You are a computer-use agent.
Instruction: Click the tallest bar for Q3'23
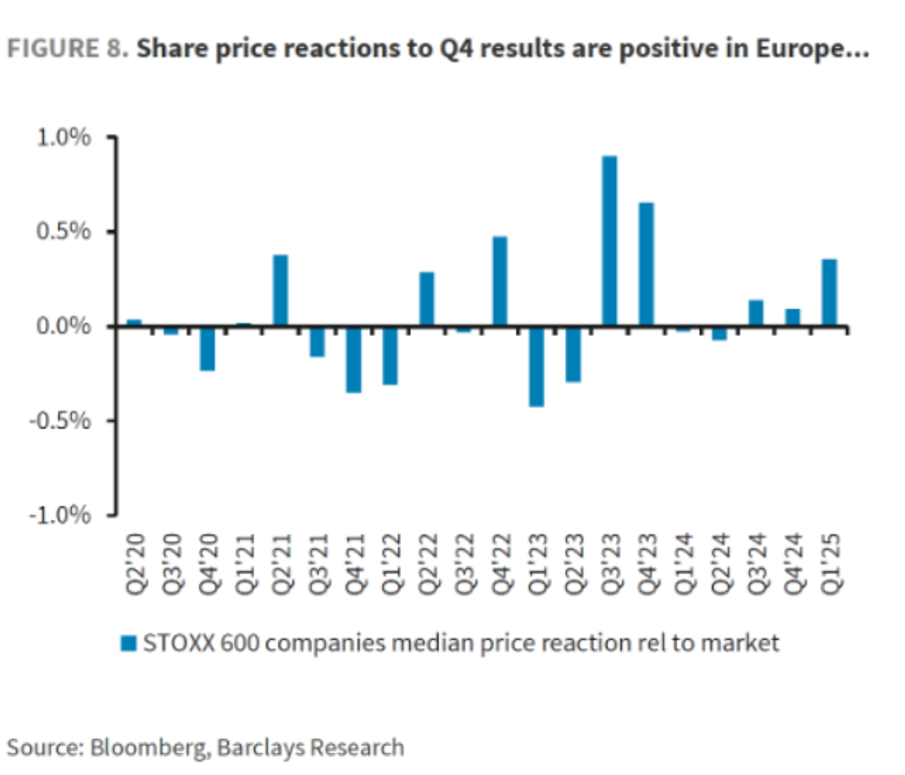(609, 241)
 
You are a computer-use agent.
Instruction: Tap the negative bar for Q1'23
(536, 367)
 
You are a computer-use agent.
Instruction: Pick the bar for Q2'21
(281, 290)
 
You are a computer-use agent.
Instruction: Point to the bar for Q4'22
(500, 281)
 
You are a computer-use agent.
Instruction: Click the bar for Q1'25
(830, 293)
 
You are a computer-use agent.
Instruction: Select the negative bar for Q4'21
(354, 359)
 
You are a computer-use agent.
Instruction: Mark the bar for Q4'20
(208, 349)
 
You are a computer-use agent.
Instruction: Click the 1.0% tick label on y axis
(63, 138)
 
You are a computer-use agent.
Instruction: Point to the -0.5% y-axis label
(60, 420)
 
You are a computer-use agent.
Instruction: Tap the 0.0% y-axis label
(63, 326)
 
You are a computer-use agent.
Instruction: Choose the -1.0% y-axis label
(60, 515)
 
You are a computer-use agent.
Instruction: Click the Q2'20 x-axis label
(136, 564)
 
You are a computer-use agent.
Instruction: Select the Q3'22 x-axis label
(465, 564)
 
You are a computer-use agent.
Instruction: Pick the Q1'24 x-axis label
(684, 564)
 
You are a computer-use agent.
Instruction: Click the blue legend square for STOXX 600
(129, 644)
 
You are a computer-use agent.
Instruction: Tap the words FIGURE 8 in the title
(66, 49)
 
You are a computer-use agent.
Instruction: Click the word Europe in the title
(803, 49)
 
